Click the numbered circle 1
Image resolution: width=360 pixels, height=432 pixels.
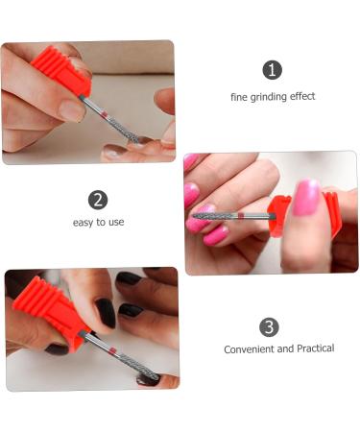[x=273, y=70]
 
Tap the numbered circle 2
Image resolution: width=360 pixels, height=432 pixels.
[x=98, y=200]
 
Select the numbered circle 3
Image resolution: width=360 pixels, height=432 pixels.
[x=270, y=326]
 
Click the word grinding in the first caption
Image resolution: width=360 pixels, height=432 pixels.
[x=270, y=96]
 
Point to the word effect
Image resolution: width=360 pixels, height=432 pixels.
[x=301, y=96]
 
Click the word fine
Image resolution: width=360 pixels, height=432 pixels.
[x=239, y=96]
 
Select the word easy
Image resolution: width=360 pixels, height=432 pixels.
[x=84, y=223]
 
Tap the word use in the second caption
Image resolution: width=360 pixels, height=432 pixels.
[x=115, y=223]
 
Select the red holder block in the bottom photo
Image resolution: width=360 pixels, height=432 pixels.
[x=43, y=313]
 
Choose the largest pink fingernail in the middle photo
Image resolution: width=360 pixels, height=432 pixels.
[x=304, y=197]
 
